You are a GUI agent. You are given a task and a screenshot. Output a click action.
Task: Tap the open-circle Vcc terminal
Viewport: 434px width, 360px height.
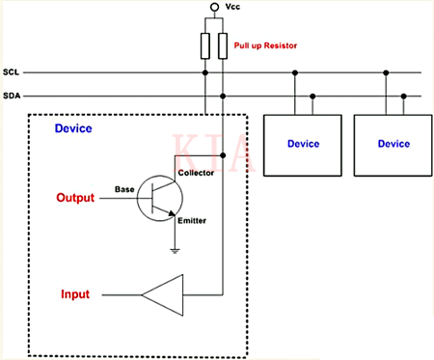[214, 8]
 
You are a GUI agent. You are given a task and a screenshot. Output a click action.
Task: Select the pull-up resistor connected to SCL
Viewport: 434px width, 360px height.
[205, 45]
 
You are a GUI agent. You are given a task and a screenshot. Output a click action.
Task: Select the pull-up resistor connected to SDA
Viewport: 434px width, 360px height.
[224, 45]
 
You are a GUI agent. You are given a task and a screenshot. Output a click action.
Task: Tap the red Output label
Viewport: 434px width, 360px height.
[73, 198]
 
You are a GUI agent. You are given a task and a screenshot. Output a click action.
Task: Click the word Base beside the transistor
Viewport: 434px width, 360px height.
[124, 188]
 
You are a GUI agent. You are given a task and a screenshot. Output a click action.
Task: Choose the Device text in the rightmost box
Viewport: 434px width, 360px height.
[393, 144]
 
